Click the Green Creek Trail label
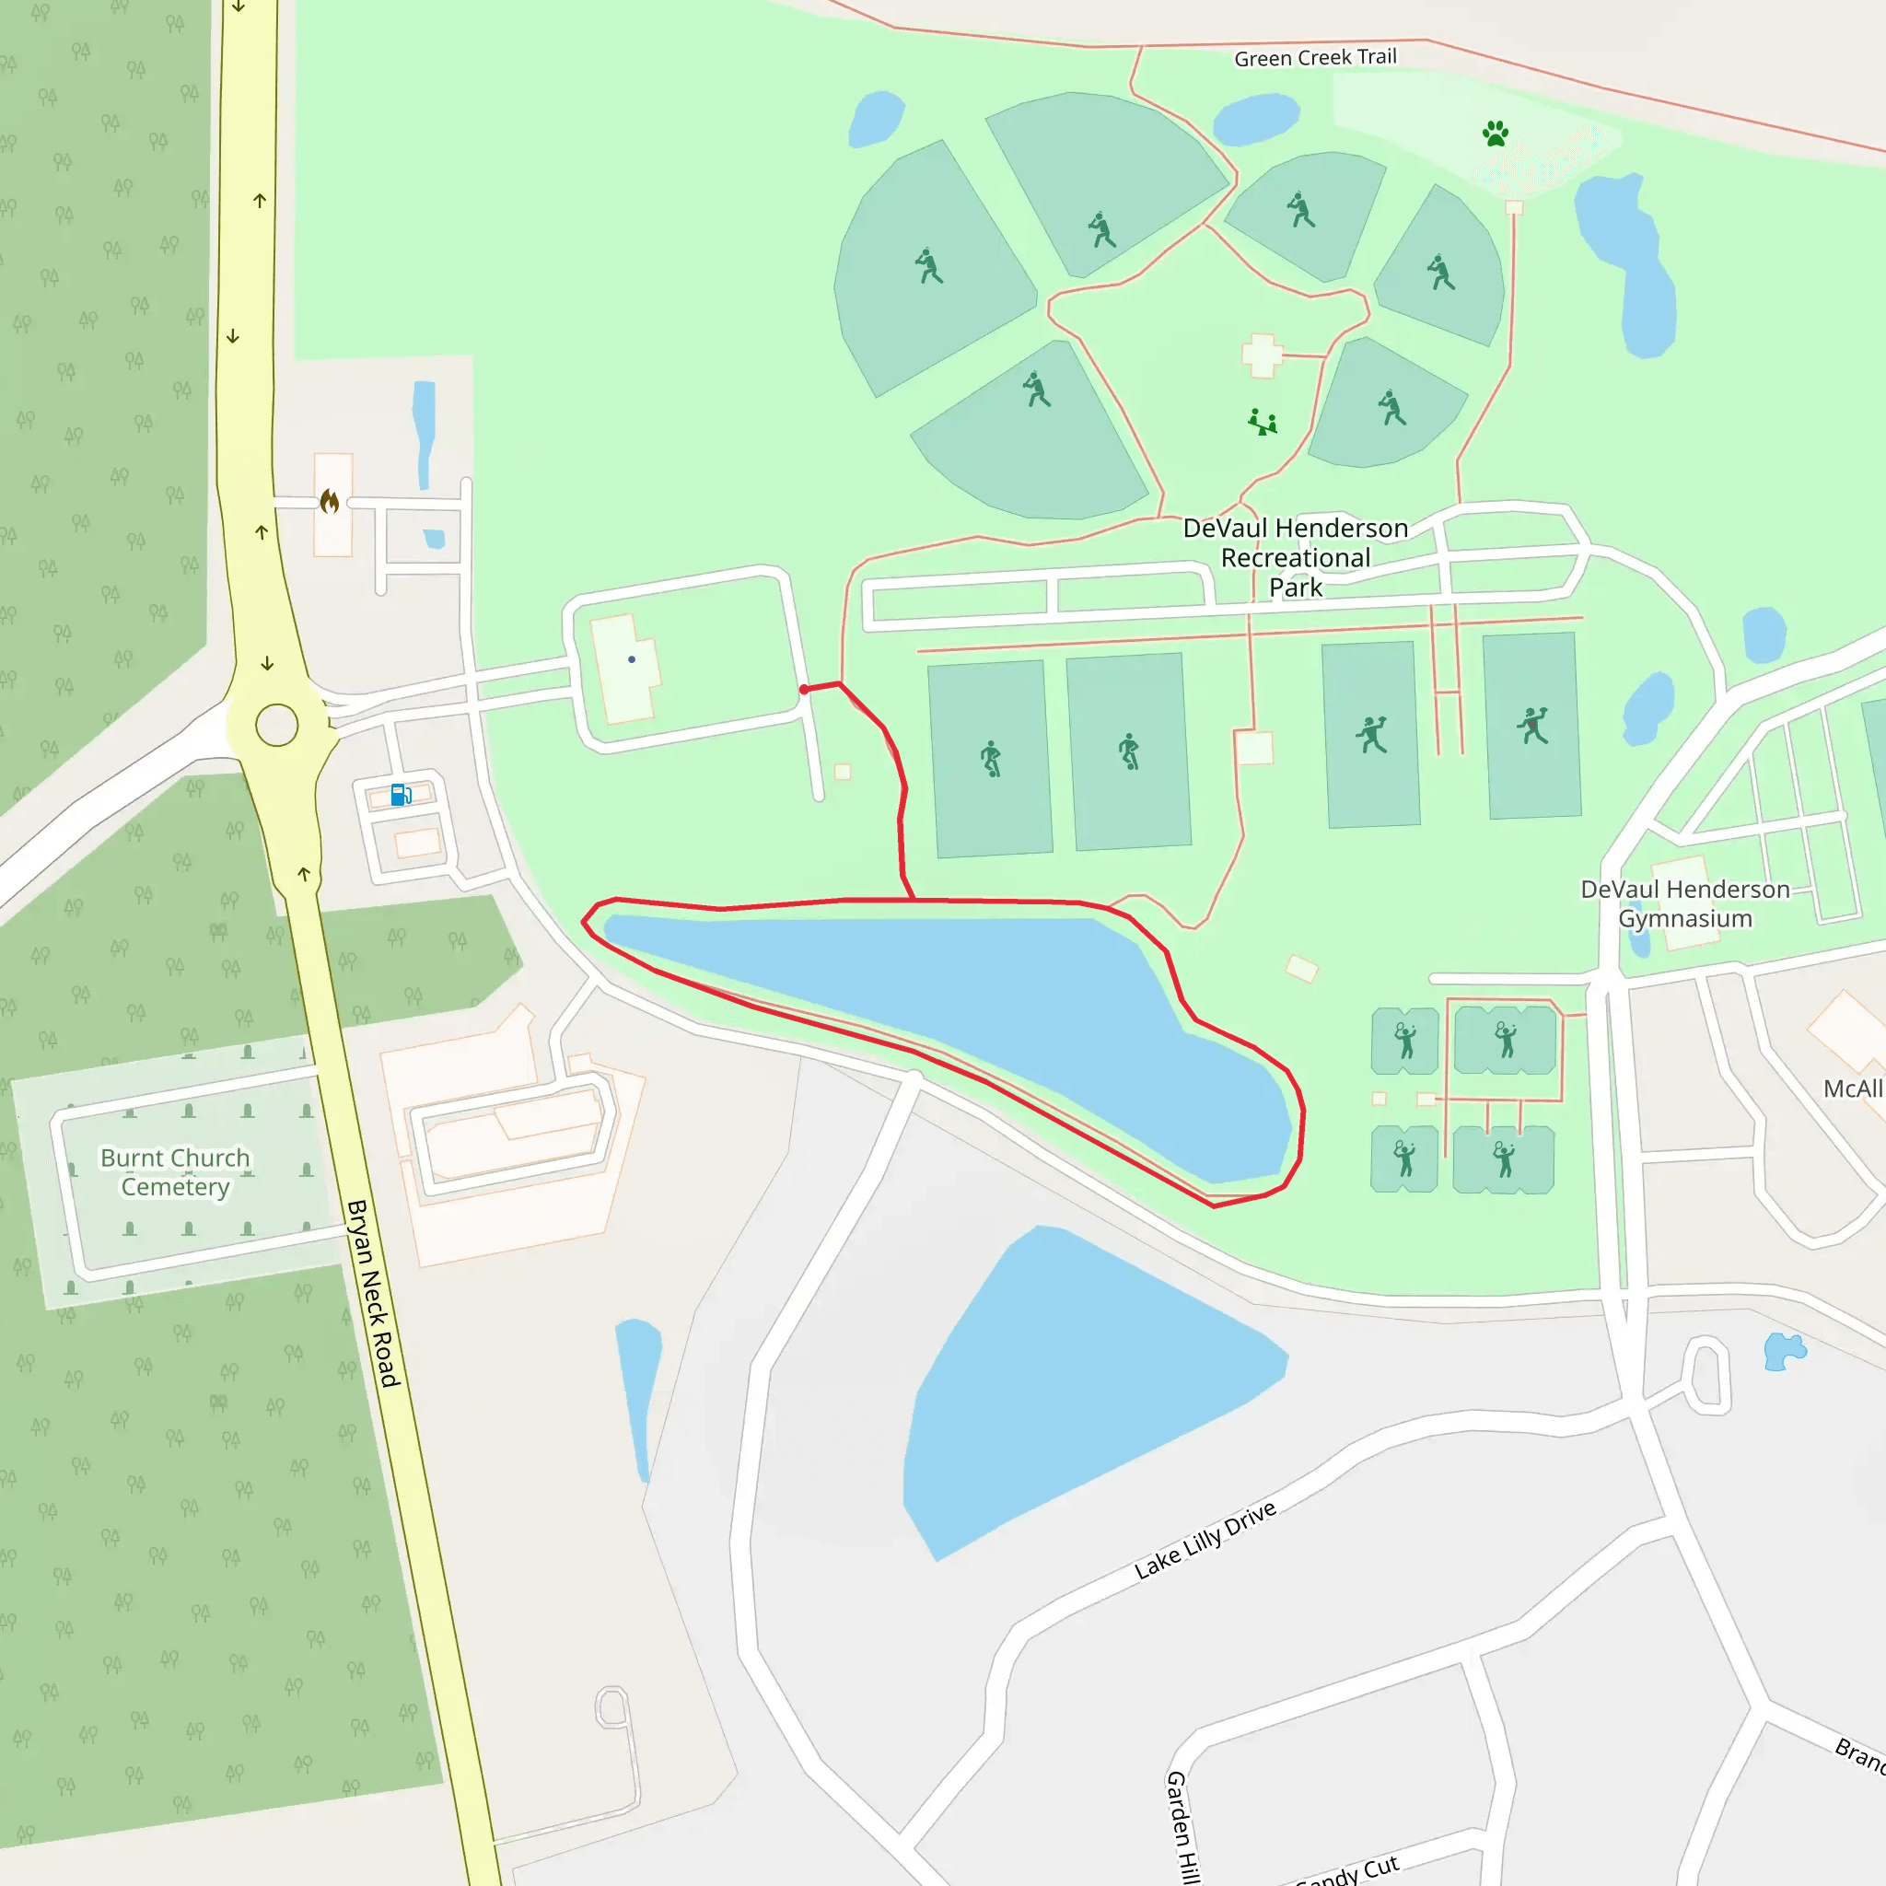coord(1315,58)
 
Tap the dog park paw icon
coord(1495,134)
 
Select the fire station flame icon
coord(330,502)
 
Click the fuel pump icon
coord(401,795)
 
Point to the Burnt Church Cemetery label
coord(176,1171)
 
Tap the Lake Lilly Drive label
coord(1205,1540)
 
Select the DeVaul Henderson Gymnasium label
coord(1685,903)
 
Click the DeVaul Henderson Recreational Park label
coord(1296,557)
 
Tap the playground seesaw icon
coord(1263,422)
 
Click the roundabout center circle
coord(276,726)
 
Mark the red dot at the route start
coord(803,689)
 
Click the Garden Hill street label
coord(1182,1825)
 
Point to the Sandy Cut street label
coord(1352,1870)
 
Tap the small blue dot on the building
coord(632,660)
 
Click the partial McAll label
coord(1852,1089)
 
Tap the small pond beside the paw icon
coord(1255,118)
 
